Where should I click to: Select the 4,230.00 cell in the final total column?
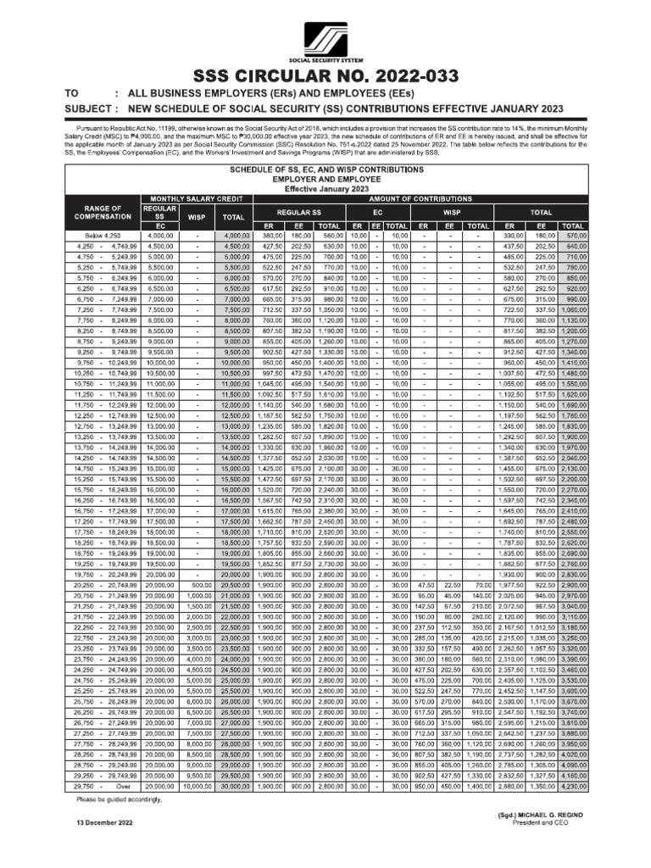click(572, 787)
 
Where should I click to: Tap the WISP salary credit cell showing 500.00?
click(196, 585)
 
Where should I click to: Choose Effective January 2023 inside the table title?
click(326, 188)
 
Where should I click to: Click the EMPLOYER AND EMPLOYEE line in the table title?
click(326, 179)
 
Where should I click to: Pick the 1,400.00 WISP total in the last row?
click(478, 787)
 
